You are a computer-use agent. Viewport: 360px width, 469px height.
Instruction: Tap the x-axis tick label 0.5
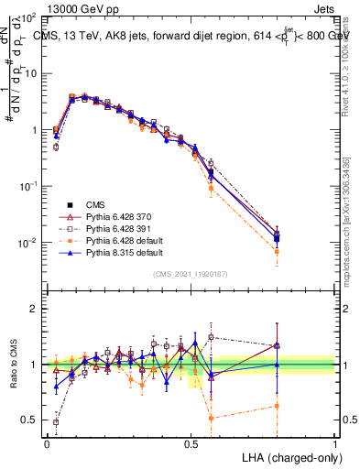pyautogui.click(x=191, y=442)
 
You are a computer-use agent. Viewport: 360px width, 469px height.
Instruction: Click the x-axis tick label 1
pyautogui.click(x=334, y=442)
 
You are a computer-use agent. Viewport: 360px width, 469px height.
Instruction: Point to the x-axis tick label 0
pyautogui.click(x=47, y=442)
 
